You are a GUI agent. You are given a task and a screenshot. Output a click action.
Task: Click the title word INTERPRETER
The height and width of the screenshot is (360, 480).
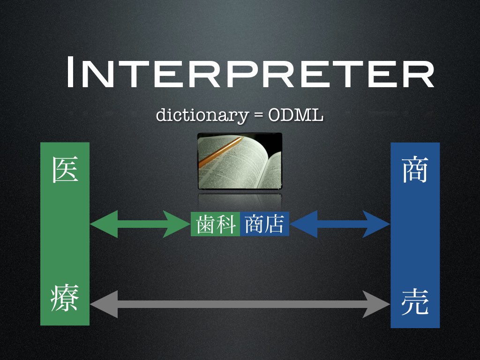click(250, 72)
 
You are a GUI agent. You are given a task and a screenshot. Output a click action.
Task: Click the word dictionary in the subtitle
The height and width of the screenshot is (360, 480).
click(202, 115)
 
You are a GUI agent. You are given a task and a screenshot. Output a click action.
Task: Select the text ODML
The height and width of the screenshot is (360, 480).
click(295, 115)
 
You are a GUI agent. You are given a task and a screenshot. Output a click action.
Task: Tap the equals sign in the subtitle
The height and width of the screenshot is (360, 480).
click(258, 115)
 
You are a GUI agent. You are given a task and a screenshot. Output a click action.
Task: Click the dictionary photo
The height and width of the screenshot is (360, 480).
click(240, 161)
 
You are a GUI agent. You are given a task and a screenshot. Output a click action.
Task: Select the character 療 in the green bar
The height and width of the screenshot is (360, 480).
click(65, 298)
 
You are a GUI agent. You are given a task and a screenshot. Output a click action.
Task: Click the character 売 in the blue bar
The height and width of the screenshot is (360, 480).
click(415, 302)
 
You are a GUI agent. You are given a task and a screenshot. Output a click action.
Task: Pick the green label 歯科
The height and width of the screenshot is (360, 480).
click(216, 224)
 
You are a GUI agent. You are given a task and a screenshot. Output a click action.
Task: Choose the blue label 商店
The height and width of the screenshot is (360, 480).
click(265, 224)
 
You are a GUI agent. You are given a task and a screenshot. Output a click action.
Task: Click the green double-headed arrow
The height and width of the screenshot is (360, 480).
click(140, 224)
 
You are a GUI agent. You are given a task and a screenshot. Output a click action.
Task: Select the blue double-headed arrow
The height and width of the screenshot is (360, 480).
click(340, 224)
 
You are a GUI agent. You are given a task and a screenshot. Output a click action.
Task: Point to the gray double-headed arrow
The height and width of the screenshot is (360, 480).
click(240, 304)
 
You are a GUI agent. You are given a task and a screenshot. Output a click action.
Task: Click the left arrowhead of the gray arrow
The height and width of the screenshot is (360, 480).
click(104, 304)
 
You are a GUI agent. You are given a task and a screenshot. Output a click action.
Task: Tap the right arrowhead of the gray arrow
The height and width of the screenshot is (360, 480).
click(376, 304)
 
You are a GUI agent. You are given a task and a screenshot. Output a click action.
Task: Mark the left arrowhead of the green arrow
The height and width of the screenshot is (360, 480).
click(104, 224)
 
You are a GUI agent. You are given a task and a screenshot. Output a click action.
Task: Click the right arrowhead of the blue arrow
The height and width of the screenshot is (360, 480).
click(376, 224)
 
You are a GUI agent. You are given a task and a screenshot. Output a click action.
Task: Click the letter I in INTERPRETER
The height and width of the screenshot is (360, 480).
click(69, 72)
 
